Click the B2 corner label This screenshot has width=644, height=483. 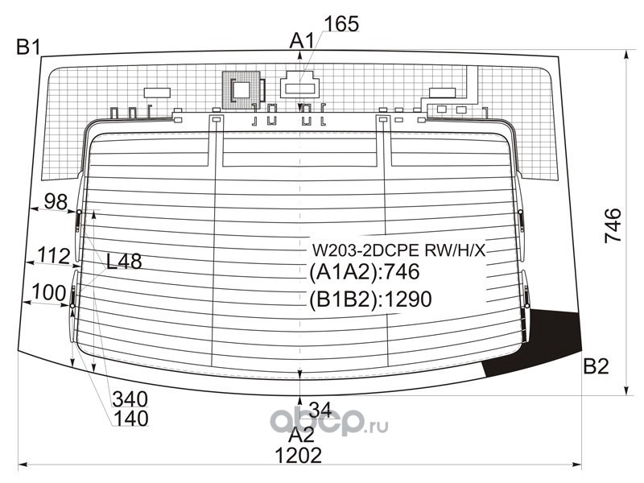(596, 367)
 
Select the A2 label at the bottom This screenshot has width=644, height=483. (301, 436)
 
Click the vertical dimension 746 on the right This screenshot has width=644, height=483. (613, 227)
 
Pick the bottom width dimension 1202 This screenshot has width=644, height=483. (298, 456)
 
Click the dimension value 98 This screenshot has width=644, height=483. (56, 202)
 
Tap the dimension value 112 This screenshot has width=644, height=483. (53, 256)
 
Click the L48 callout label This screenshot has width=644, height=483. (124, 262)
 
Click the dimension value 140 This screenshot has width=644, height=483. (130, 419)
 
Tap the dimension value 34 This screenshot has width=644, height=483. (320, 407)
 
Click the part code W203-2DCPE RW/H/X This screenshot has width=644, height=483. (399, 249)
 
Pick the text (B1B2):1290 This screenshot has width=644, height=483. (371, 299)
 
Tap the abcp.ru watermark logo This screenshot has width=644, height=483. (328, 421)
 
